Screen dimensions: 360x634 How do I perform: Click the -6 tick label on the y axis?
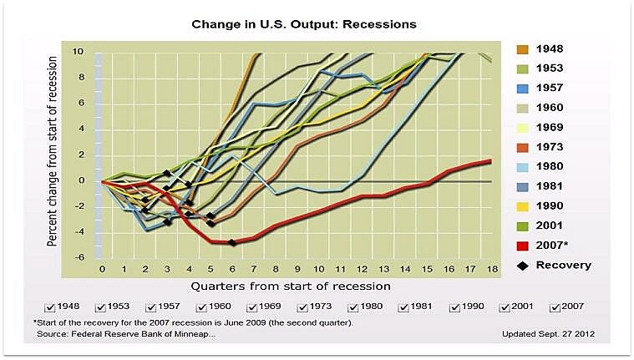81,257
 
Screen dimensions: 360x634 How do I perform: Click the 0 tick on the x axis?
102,270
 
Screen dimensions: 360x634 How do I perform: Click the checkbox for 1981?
403,307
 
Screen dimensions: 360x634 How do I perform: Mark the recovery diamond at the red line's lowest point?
231,242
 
